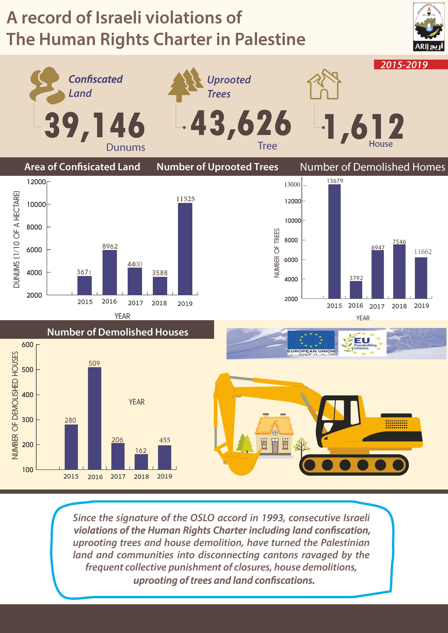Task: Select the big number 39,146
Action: click(x=95, y=125)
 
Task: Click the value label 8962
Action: click(x=110, y=246)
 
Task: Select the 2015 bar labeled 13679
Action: click(x=334, y=241)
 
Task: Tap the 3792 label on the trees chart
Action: click(x=356, y=278)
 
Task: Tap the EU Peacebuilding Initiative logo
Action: click(x=362, y=343)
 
